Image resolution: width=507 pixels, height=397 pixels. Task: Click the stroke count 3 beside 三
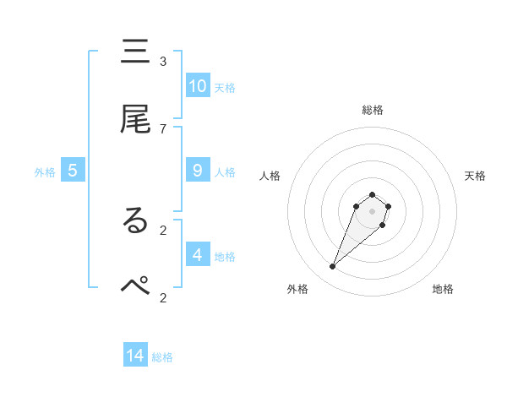163,62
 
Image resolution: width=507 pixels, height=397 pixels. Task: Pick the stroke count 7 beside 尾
163,128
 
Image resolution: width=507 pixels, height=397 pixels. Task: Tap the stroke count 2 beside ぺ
163,296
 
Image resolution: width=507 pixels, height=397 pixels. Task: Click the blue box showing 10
198,85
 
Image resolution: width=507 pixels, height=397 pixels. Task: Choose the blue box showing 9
198,171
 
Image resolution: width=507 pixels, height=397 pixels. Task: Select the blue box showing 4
198,254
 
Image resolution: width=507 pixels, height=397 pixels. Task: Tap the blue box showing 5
73,171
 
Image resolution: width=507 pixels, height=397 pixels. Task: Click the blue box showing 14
135,356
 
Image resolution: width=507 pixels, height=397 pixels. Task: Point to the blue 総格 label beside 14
162,357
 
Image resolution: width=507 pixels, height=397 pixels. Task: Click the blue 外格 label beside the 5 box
45,172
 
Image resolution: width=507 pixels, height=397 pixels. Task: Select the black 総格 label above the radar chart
372,110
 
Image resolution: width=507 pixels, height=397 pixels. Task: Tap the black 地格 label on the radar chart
443,289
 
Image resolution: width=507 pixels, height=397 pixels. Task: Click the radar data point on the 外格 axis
333,267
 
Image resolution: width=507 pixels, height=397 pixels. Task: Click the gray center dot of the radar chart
372,211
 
